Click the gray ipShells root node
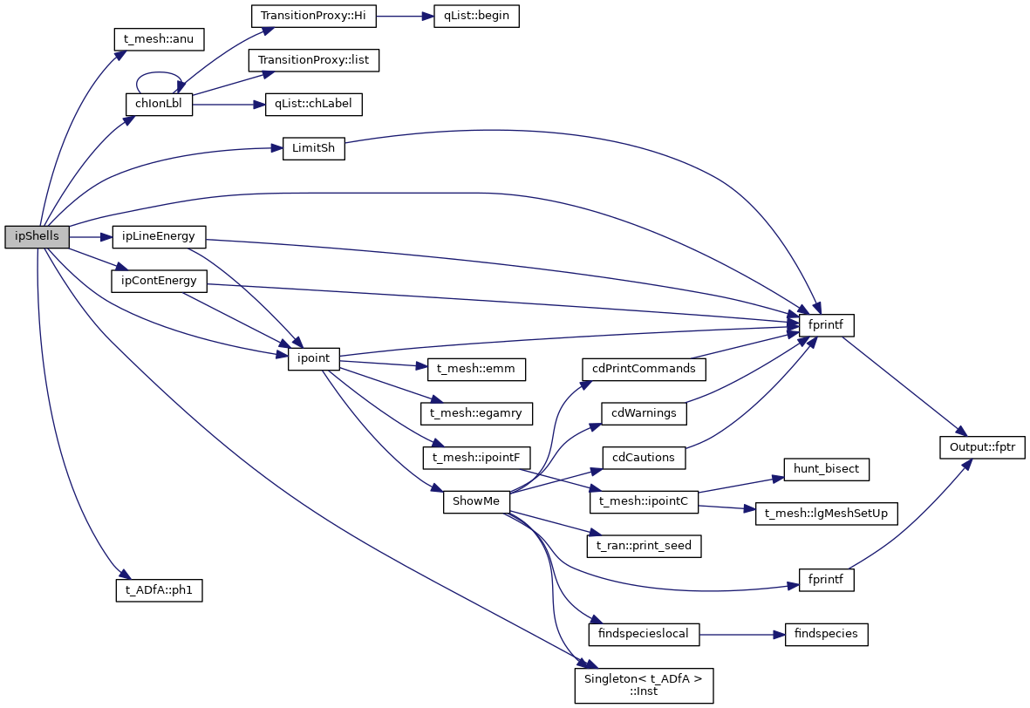tap(37, 236)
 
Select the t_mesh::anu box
tap(159, 38)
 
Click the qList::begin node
tap(476, 17)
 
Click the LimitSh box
tap(314, 149)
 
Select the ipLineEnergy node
tap(159, 236)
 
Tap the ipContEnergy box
tap(159, 281)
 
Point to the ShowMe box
tap(476, 502)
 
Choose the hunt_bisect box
tap(825, 469)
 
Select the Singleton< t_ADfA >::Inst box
tap(644, 684)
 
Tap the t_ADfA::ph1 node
tap(159, 589)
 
